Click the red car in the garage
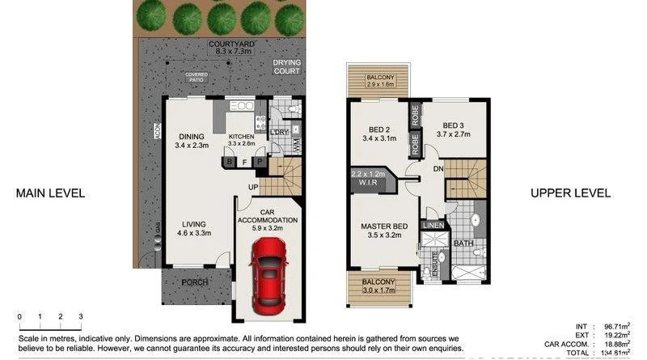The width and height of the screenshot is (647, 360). pyautogui.click(x=267, y=279)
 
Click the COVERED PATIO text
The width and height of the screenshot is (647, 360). pyautogui.click(x=197, y=78)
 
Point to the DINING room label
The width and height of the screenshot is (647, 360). pyautogui.click(x=192, y=136)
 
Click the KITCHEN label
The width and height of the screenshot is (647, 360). pyautogui.click(x=241, y=136)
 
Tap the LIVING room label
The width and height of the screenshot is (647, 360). pyautogui.click(x=192, y=224)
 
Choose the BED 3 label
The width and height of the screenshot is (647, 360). pyautogui.click(x=454, y=125)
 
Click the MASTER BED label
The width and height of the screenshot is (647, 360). pyautogui.click(x=383, y=227)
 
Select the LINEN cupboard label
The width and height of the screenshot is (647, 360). pyautogui.click(x=433, y=224)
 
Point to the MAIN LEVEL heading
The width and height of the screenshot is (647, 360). pyautogui.click(x=50, y=193)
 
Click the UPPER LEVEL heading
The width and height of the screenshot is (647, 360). pyautogui.click(x=570, y=193)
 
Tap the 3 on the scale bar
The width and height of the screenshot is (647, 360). pyautogui.click(x=80, y=316)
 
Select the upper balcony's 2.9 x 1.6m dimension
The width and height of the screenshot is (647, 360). pyautogui.click(x=379, y=83)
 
